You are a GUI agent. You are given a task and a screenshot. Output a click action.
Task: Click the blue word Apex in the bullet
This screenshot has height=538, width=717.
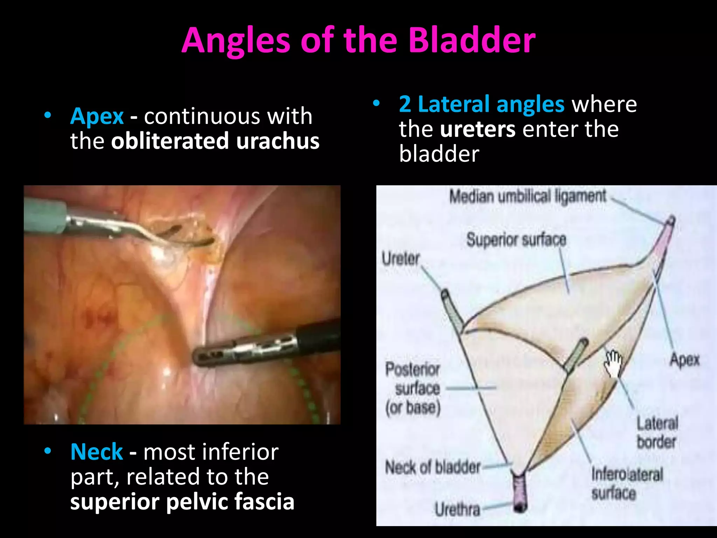[97, 116]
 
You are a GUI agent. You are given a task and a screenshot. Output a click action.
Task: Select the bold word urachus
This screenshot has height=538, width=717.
[278, 141]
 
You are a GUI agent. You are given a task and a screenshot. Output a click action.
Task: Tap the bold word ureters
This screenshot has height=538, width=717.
[478, 129]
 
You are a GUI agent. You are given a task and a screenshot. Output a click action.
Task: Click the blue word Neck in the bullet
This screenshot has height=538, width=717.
[97, 452]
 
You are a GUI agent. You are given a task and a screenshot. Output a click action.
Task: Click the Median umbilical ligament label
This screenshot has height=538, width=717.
[527, 196]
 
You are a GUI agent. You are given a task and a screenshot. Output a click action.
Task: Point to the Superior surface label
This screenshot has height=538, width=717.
[516, 240]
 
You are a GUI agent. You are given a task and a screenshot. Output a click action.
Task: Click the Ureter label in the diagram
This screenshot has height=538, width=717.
[401, 259]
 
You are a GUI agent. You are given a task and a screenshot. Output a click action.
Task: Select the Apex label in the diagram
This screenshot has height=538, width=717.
[684, 360]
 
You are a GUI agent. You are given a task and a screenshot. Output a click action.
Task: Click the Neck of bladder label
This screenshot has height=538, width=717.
[433, 467]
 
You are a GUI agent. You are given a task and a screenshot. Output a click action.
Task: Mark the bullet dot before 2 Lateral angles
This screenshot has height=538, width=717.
[376, 103]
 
